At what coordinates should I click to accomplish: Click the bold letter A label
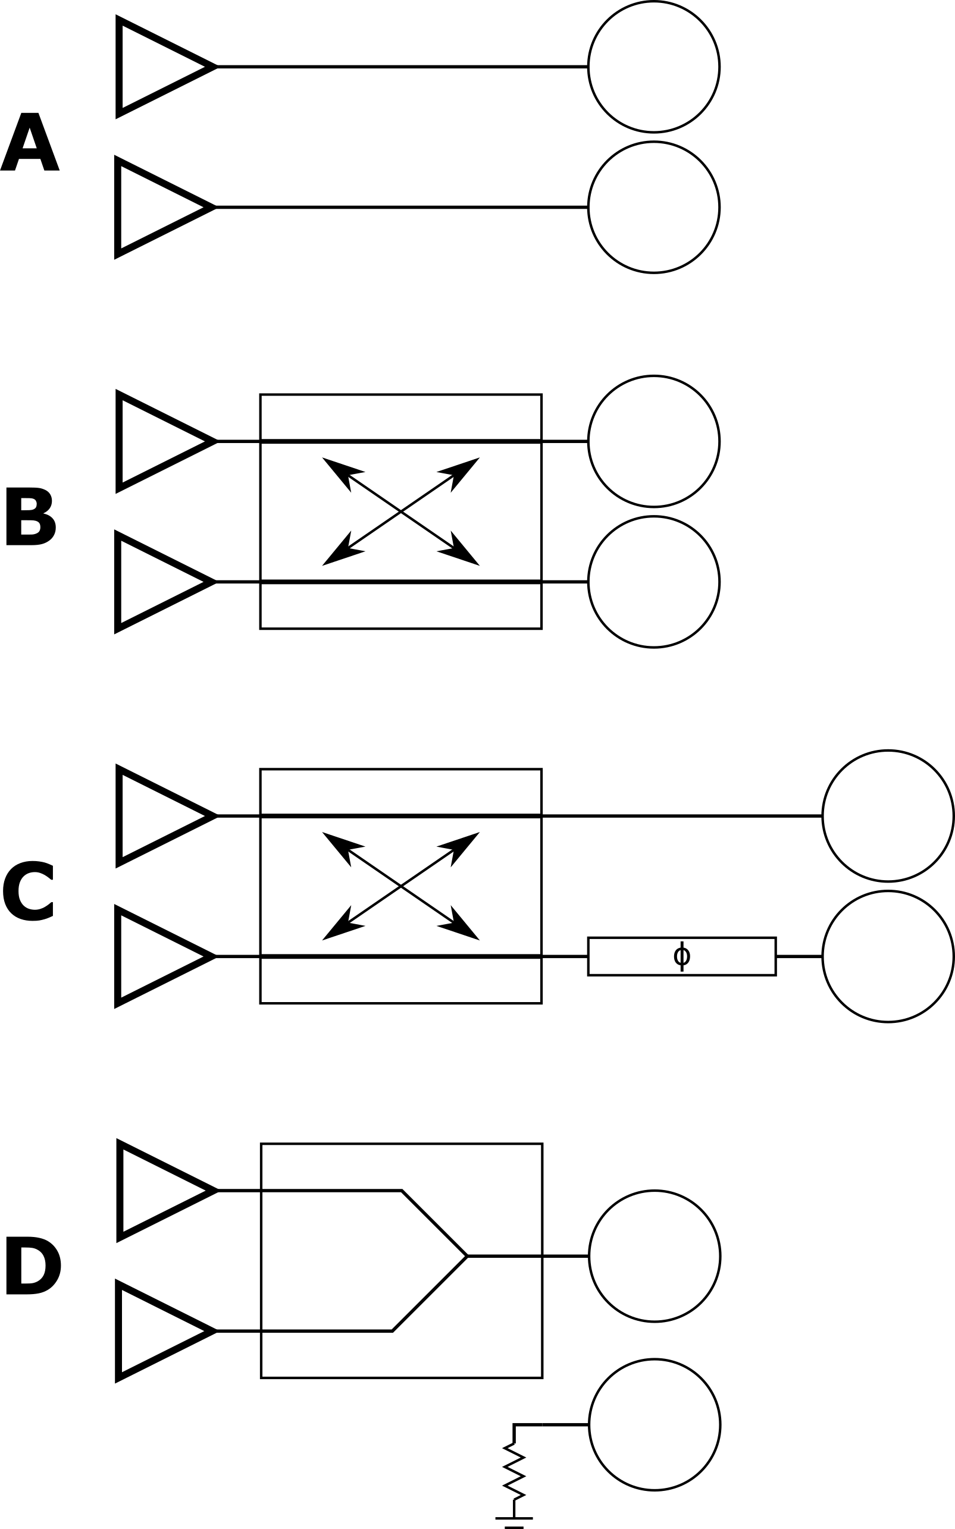[x=30, y=143]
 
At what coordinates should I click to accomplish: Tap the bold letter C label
[x=29, y=890]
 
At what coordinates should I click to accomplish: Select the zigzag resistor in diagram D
[x=514, y=1470]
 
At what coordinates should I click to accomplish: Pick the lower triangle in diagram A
[x=154, y=207]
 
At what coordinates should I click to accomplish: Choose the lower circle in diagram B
[x=654, y=582]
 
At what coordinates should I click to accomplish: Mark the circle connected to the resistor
[x=655, y=1424]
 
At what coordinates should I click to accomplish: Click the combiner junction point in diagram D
[x=466, y=1256]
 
